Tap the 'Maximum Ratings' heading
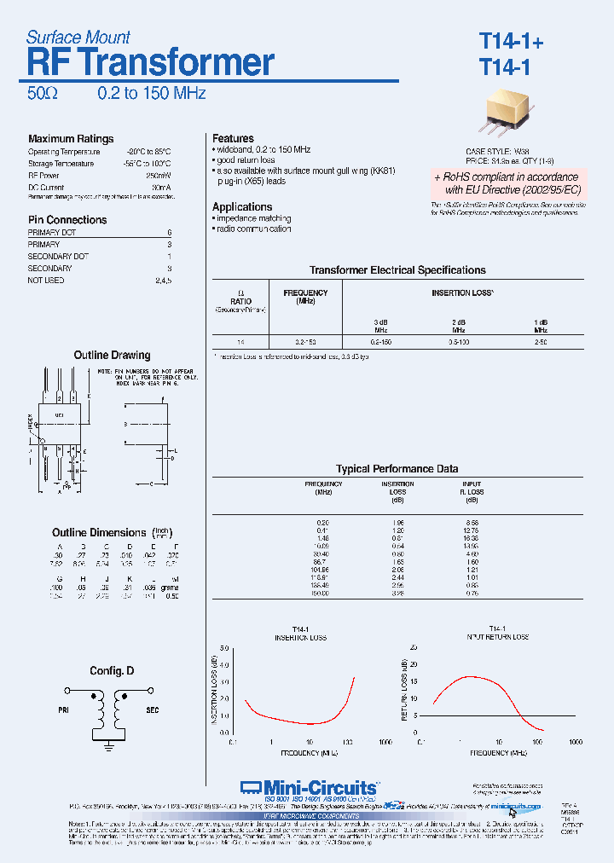(71, 139)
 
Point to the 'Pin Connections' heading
(67, 220)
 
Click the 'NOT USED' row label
(46, 281)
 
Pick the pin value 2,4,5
(163, 281)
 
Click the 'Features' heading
(233, 138)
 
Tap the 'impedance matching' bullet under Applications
(253, 219)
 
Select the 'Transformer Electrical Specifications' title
(397, 270)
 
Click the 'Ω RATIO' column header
(240, 297)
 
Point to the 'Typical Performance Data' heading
(397, 469)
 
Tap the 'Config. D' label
(112, 671)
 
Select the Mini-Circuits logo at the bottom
(308, 787)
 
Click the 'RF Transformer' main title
(151, 63)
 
